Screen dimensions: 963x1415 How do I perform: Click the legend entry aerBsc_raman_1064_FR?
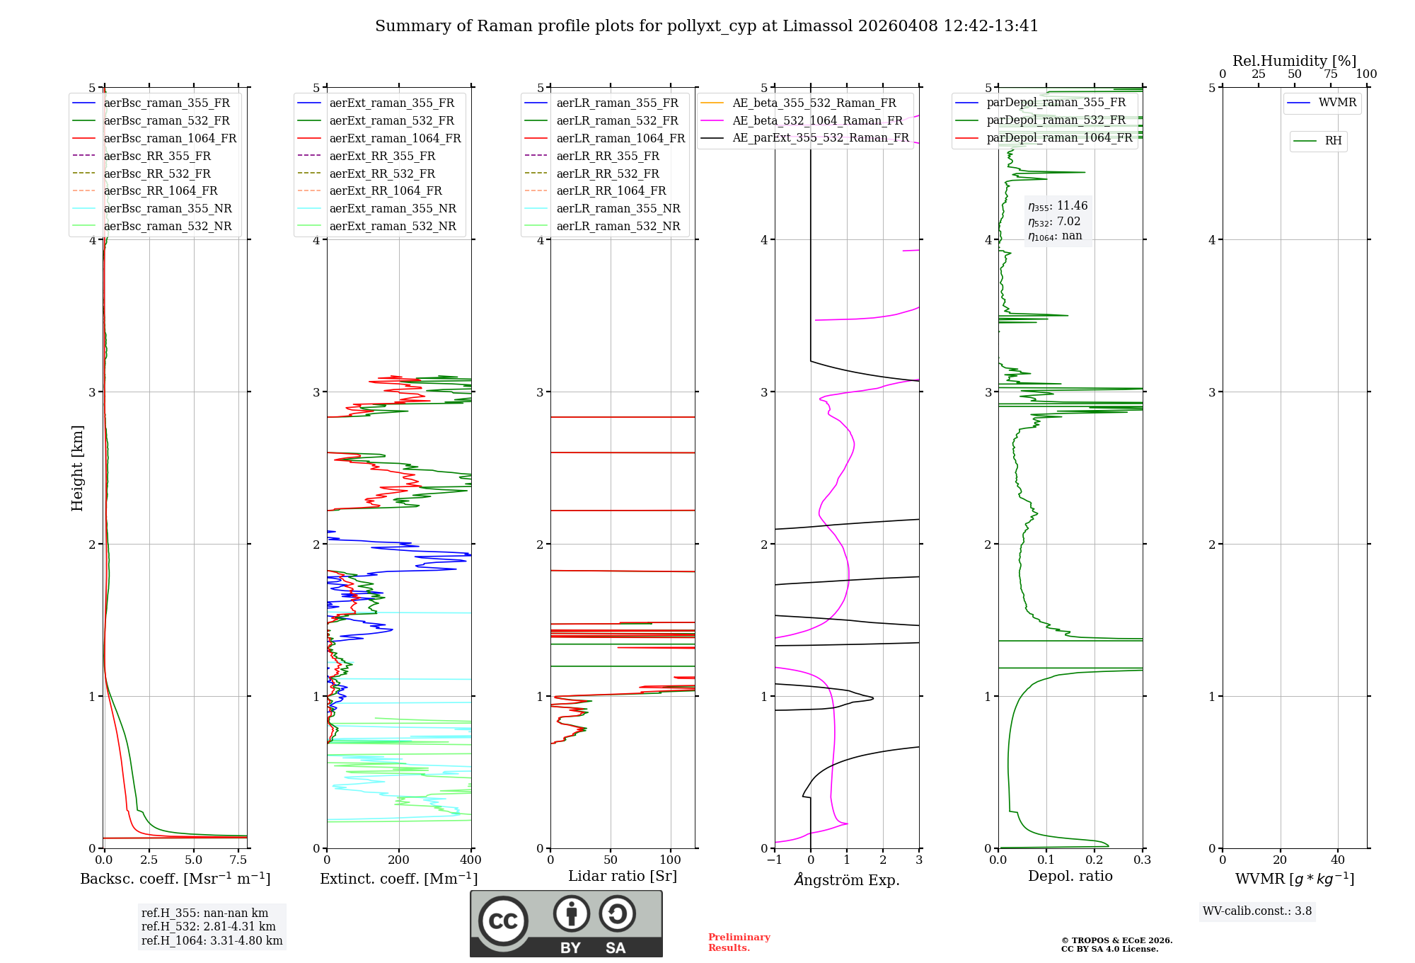(x=170, y=139)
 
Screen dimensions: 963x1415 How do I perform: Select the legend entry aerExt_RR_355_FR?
(x=382, y=156)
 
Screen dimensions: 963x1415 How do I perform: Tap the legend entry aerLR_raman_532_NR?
(x=618, y=227)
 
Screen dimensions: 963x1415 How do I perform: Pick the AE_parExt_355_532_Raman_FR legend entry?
(x=820, y=138)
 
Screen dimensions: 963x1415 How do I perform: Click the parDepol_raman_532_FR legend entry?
(x=1056, y=120)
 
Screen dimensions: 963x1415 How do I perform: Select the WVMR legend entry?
(x=1337, y=103)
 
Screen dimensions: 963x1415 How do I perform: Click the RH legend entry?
(x=1333, y=141)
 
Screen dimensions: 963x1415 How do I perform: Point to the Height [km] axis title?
(x=77, y=468)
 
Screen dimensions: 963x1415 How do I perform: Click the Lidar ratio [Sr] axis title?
(x=623, y=876)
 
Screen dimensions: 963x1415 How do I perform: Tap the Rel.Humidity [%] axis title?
(x=1294, y=61)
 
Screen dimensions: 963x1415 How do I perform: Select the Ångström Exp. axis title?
(x=847, y=880)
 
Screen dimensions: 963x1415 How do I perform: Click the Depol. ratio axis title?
(x=1070, y=876)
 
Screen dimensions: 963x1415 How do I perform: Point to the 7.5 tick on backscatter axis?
(x=238, y=860)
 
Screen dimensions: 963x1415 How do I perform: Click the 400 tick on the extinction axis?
(x=471, y=860)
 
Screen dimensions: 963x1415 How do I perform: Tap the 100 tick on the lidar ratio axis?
(x=671, y=860)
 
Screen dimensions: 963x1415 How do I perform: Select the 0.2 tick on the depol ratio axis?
(x=1095, y=860)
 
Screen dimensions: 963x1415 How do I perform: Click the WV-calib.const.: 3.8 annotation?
(x=1257, y=911)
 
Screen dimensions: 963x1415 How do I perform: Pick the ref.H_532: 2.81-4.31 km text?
(x=209, y=927)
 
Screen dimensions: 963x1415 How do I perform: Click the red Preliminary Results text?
(x=739, y=942)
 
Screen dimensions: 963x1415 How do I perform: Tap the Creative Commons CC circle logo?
(x=503, y=921)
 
